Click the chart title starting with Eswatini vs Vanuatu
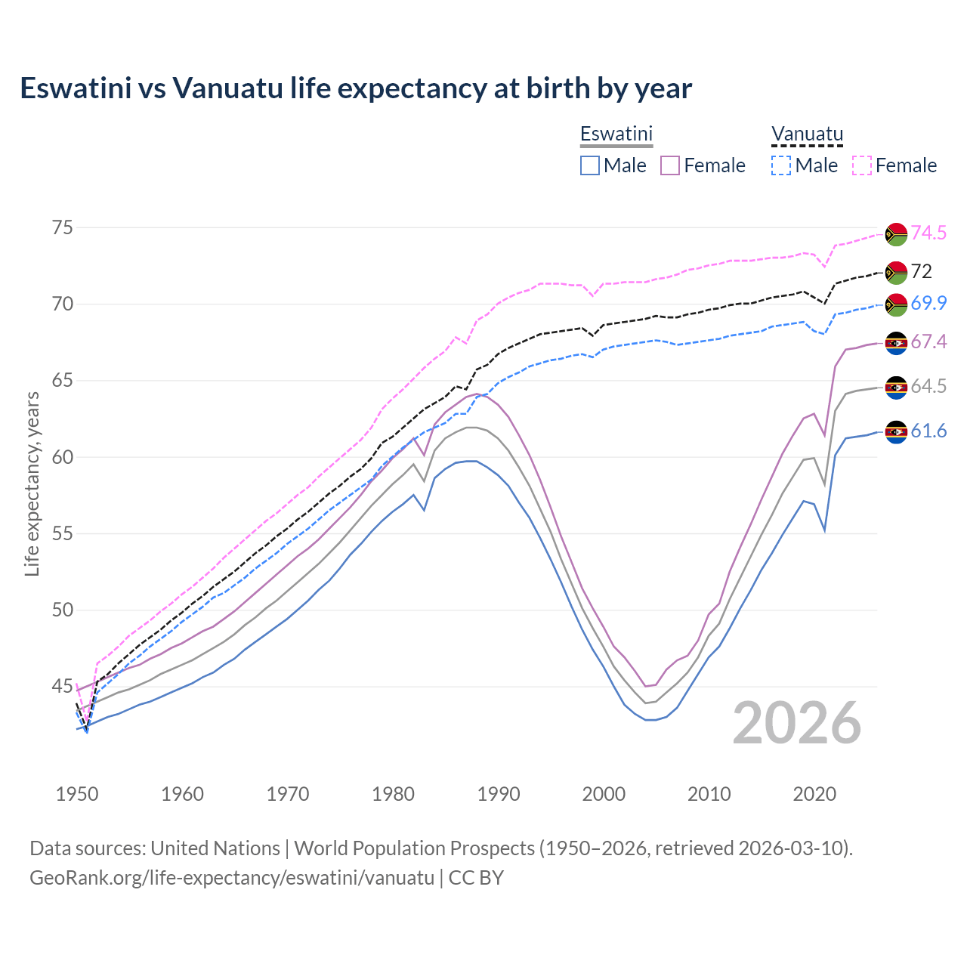[355, 88]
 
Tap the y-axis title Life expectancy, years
[32, 483]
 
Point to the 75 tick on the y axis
[63, 227]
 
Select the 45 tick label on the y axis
[63, 687]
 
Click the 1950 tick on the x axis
[77, 794]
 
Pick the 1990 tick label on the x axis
[499, 794]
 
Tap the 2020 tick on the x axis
[814, 794]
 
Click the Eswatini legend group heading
[616, 134]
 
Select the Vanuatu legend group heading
[806, 134]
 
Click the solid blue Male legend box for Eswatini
[590, 165]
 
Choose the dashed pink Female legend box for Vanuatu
[861, 165]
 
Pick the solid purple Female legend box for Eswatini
[670, 165]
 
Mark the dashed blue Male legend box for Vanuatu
[781, 165]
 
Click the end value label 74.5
[928, 233]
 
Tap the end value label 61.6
[928, 431]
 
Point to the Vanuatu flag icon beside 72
[896, 272]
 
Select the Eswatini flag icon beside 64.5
[896, 388]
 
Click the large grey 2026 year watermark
[796, 723]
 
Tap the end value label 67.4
[928, 341]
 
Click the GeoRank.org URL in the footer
[232, 878]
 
